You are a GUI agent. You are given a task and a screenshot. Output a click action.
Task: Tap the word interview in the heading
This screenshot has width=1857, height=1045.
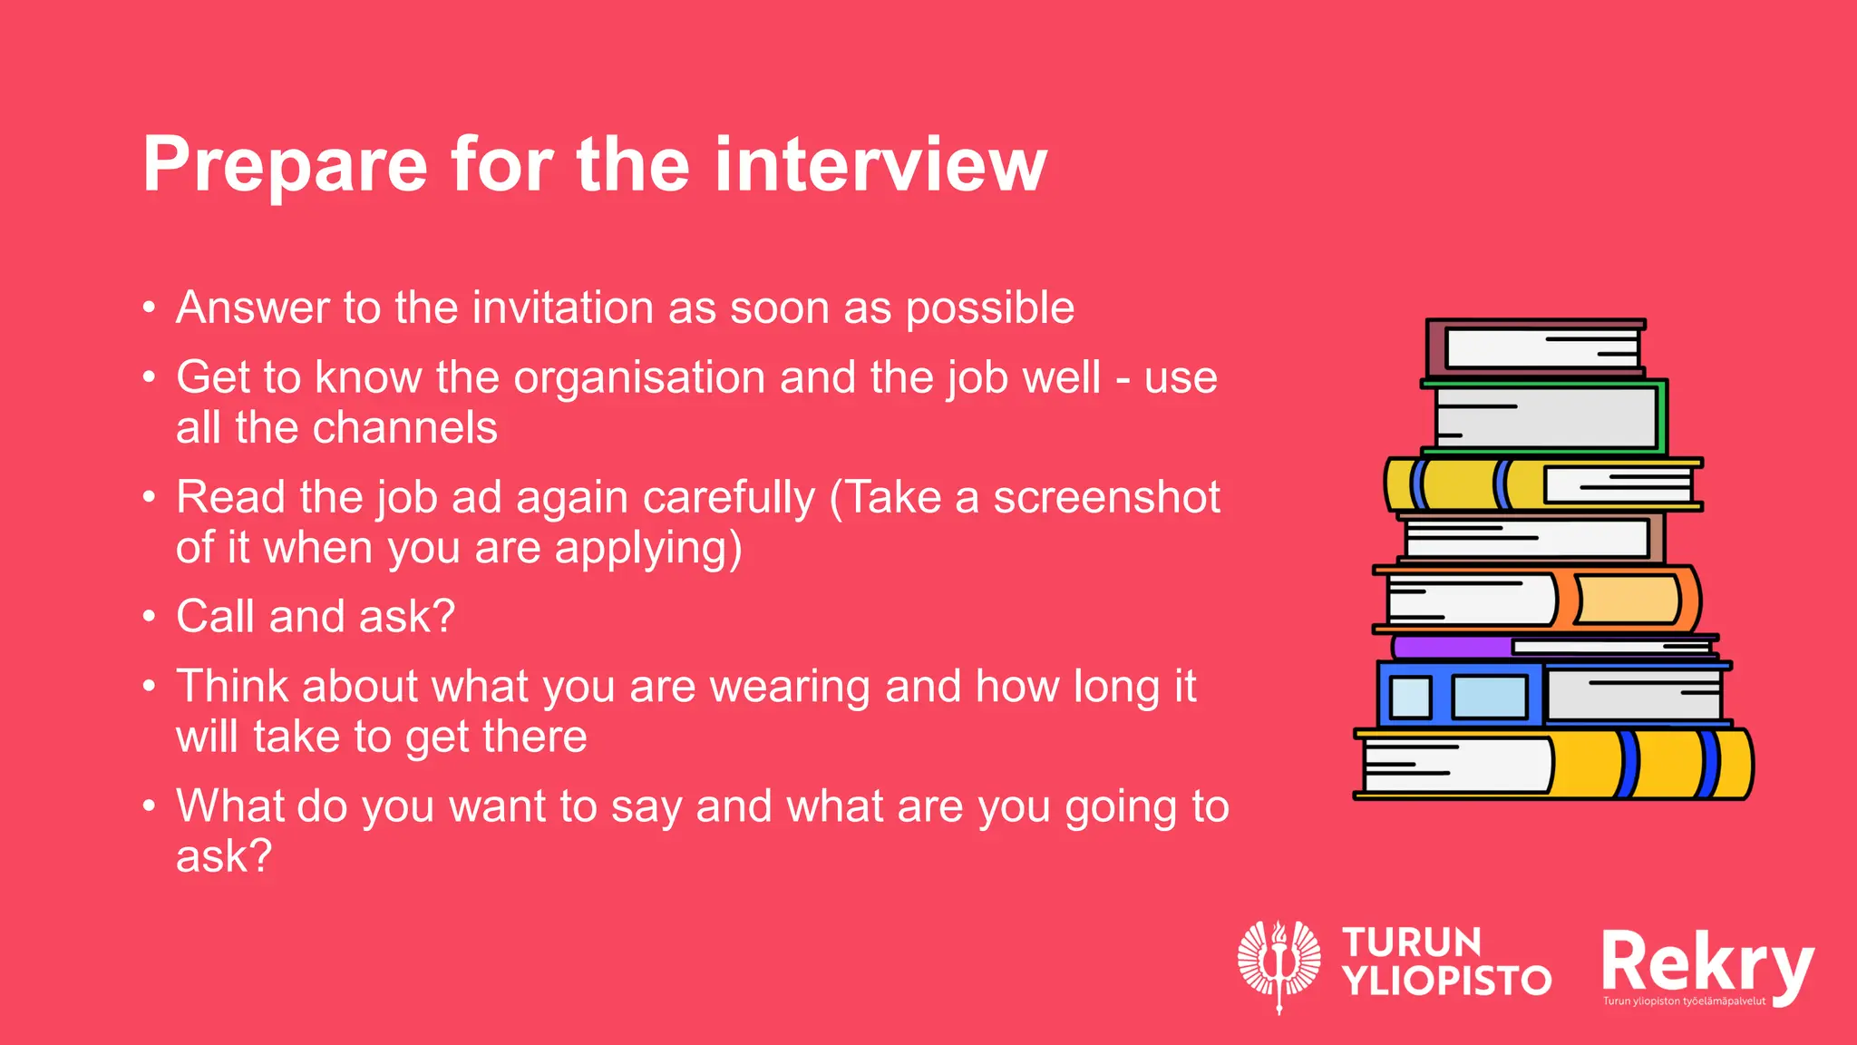880,165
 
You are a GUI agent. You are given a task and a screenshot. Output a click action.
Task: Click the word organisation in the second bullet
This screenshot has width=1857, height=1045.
639,377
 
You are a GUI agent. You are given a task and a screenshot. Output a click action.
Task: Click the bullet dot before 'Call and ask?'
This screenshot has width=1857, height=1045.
150,617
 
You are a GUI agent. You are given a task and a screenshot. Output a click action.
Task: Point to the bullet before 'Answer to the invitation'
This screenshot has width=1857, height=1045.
150,308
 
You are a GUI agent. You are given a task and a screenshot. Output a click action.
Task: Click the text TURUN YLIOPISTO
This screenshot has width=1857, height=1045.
1445,962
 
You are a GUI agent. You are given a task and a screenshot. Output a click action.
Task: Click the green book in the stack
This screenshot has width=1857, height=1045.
1546,416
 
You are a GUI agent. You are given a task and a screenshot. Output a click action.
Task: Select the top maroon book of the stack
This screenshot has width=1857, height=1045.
1534,348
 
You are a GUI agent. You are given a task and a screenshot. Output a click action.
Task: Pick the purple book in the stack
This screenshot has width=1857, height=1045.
1451,647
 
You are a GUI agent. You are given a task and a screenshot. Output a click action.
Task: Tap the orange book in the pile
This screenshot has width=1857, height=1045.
1628,599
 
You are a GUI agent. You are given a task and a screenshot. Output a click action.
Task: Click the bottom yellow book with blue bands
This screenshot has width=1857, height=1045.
1650,764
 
